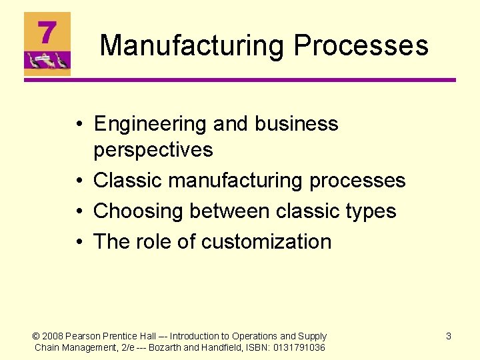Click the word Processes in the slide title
361,46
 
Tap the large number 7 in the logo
46,31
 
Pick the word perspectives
153,150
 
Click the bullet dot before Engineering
79,125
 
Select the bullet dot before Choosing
79,211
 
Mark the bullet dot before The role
79,242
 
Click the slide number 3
448,337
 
